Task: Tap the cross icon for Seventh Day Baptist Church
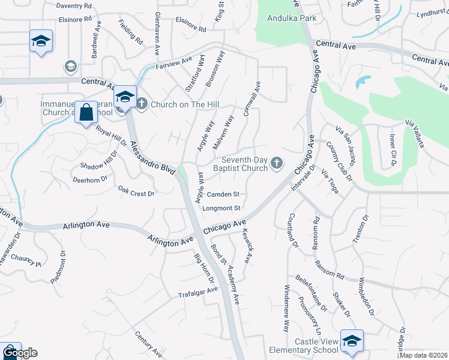(x=277, y=163)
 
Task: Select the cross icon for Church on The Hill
(x=142, y=104)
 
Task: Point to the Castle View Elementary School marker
(x=352, y=341)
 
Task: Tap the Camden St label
(x=223, y=194)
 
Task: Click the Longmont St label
(x=222, y=208)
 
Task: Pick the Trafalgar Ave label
(x=197, y=292)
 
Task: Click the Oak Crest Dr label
(x=136, y=193)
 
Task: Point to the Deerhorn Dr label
(x=90, y=178)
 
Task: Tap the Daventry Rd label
(x=74, y=5)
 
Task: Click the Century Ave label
(x=148, y=345)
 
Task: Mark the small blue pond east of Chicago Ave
(x=363, y=82)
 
